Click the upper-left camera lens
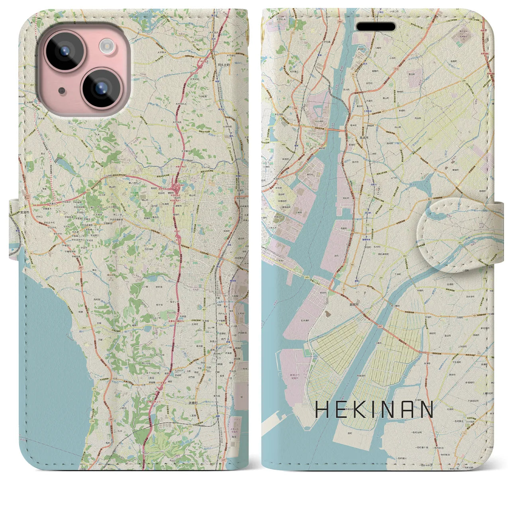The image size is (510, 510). (62, 51)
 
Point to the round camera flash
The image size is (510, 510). (107, 45)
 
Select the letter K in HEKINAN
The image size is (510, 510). (361, 410)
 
